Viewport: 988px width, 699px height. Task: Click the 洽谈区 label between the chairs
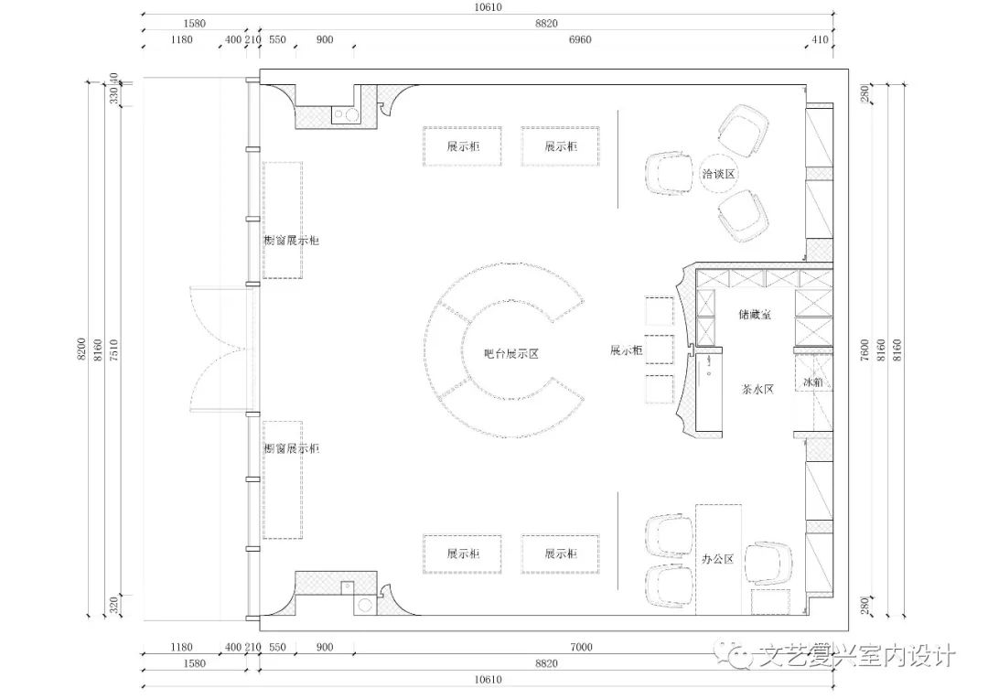point(719,173)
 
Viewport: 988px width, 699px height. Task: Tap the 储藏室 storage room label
point(755,314)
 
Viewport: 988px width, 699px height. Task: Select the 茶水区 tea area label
point(757,388)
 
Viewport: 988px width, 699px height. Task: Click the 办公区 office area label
point(718,558)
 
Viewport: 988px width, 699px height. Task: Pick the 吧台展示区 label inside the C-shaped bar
point(511,354)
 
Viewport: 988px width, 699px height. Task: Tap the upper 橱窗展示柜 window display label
point(291,241)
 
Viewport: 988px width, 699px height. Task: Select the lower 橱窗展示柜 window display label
point(291,448)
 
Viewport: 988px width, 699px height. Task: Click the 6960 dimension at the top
point(580,40)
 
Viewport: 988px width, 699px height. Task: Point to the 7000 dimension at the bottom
point(580,647)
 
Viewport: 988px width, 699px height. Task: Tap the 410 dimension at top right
point(820,40)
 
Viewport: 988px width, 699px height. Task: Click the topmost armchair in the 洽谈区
point(743,126)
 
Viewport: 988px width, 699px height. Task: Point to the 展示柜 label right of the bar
point(627,350)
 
